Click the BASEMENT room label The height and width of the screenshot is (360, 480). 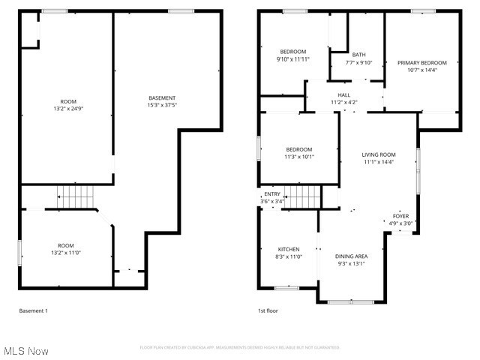[162, 98]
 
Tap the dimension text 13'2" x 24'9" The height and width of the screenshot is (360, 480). [68, 109]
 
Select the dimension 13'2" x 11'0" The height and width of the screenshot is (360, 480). [66, 253]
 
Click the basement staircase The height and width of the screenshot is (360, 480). [75, 196]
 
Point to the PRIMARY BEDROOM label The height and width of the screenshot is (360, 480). [421, 63]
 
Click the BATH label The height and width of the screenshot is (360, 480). [359, 55]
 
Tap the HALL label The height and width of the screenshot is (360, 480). [344, 95]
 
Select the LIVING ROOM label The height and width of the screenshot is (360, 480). [379, 154]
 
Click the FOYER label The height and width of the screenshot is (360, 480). [401, 216]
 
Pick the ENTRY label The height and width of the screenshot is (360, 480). [271, 194]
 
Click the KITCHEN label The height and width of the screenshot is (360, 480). [289, 249]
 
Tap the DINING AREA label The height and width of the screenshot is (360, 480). [351, 256]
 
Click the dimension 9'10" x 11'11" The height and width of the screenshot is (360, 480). [292, 58]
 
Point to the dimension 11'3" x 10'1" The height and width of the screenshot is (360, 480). [298, 157]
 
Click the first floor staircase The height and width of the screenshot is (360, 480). [302, 196]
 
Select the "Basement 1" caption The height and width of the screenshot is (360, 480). [33, 310]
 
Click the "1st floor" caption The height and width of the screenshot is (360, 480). [268, 310]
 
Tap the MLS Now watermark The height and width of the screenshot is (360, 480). [25, 351]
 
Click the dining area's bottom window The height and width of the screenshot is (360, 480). [350, 301]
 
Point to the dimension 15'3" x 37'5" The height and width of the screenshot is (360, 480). [162, 106]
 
